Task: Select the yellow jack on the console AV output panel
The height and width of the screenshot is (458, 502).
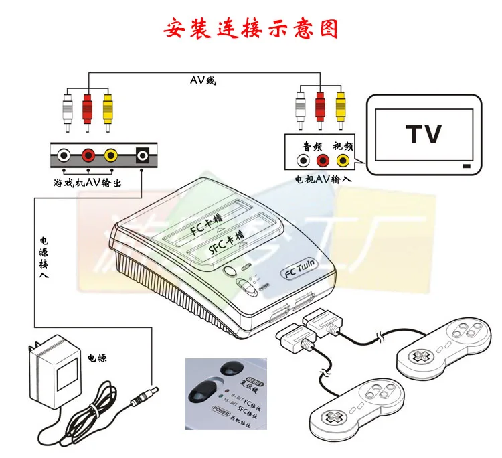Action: coord(111,156)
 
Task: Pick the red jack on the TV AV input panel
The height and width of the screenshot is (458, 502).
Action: coord(323,161)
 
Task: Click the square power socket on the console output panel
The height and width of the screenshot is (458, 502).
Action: coord(142,156)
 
